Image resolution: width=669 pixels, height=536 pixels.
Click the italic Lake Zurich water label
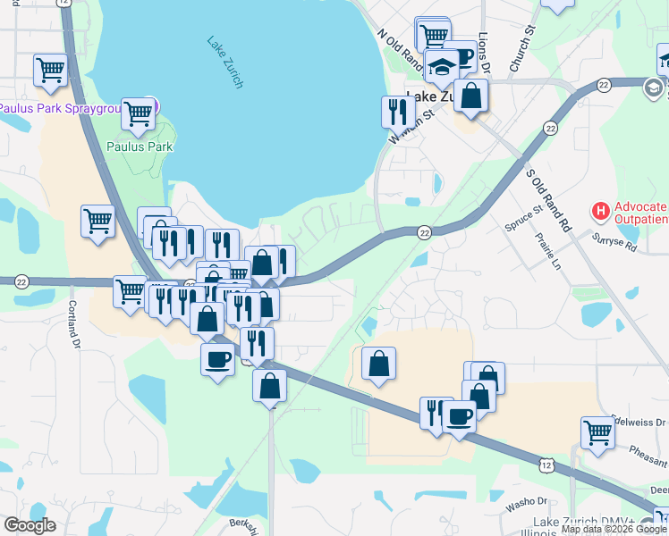tap(224, 62)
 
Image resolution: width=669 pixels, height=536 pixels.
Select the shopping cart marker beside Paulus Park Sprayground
tap(139, 114)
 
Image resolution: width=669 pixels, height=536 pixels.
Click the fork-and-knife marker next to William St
tap(397, 113)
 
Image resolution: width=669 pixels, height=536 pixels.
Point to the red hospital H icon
tap(601, 212)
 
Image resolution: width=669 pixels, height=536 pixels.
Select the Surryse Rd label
tap(614, 242)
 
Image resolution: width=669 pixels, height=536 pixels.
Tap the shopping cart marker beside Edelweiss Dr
tap(597, 433)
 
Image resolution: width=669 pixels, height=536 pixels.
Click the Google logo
tap(30, 525)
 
